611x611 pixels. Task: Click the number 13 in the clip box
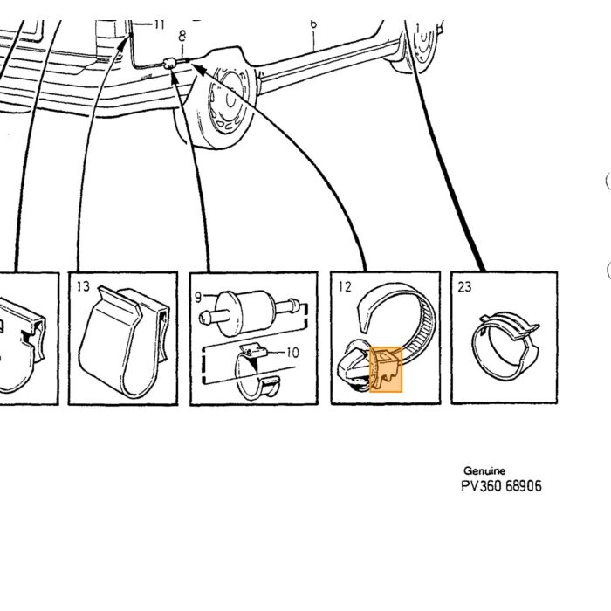click(83, 286)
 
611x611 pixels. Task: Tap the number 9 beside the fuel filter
click(198, 298)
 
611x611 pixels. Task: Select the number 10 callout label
click(292, 353)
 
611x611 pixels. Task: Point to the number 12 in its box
click(345, 287)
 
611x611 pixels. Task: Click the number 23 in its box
click(464, 287)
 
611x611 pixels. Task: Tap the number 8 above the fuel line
click(182, 36)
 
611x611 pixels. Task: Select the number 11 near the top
click(159, 24)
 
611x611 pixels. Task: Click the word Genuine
click(484, 470)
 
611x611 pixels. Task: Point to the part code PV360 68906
click(501, 486)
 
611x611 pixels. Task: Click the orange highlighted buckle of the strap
click(386, 369)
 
